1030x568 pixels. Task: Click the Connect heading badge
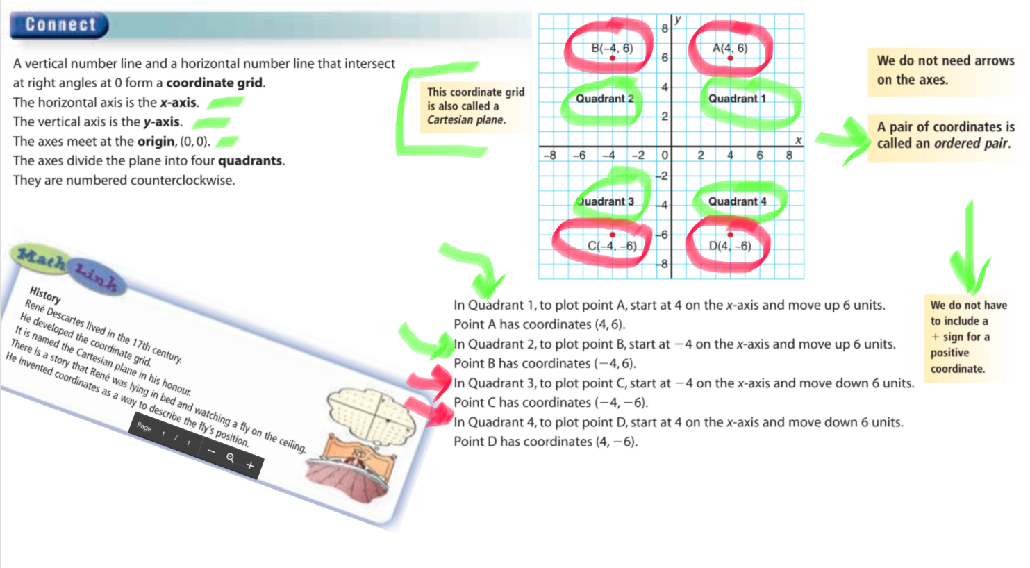click(x=59, y=25)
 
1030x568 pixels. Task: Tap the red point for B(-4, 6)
click(x=613, y=58)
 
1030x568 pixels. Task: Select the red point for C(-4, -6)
click(x=613, y=235)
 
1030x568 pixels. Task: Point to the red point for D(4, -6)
click(x=730, y=235)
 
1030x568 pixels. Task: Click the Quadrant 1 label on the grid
click(x=737, y=99)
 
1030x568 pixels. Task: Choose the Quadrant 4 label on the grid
click(x=737, y=201)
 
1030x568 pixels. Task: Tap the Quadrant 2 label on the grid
click(x=605, y=99)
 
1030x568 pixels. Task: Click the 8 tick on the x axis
click(x=789, y=156)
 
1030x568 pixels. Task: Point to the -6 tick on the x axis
click(x=579, y=156)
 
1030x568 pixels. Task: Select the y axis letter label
click(x=679, y=19)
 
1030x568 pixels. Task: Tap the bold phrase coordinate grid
click(x=215, y=83)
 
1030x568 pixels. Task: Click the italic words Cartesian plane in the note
click(x=465, y=120)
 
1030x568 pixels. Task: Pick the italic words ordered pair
click(x=971, y=143)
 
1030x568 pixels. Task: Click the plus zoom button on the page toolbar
click(x=250, y=465)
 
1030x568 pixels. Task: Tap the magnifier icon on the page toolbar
click(x=231, y=458)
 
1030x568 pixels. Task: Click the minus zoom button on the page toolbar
click(x=211, y=451)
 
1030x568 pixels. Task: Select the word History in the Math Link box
click(x=45, y=295)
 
